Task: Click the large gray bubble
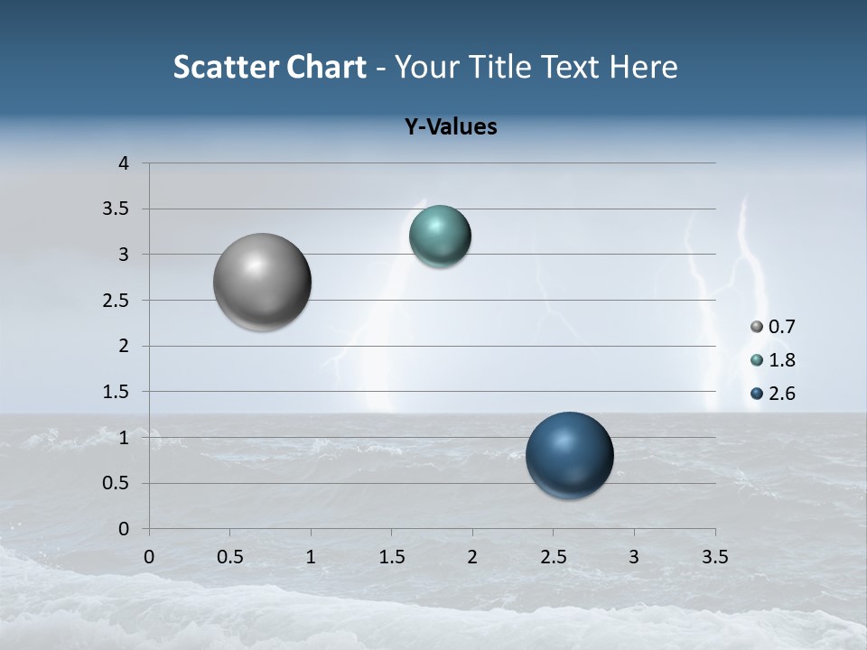coord(263,282)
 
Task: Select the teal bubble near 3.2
coord(440,237)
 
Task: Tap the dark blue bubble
coord(569,455)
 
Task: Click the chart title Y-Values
coord(451,127)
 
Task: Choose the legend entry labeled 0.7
coord(773,327)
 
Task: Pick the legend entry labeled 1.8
coord(773,360)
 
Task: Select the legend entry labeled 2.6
coord(773,394)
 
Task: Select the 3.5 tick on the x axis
coord(714,557)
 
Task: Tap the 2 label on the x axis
coord(472,557)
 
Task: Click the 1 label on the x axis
coord(311,557)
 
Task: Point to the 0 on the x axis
coord(149,557)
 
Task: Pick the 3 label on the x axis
coord(634,557)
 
